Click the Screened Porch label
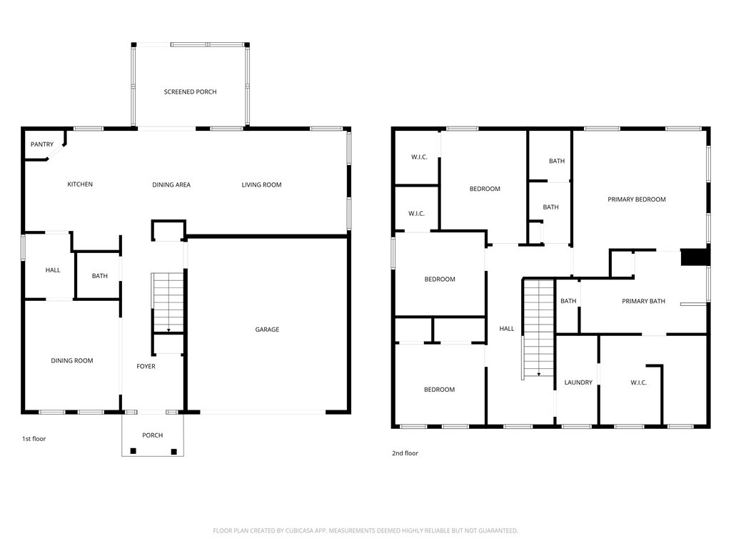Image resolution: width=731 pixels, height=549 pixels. pos(190,92)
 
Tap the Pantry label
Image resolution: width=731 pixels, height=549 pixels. pos(42,144)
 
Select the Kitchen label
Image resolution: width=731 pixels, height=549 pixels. pos(80,184)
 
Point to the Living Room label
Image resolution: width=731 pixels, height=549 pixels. pos(261,185)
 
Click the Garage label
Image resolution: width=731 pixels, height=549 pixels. pos(267,330)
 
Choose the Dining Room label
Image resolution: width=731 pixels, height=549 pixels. pos(72,361)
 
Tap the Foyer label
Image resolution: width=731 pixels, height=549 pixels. pos(146,367)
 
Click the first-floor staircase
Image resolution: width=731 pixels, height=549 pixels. pos(168,302)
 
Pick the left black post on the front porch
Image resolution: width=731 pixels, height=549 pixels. pos(133,451)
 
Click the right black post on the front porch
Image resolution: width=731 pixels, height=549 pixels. pos(174,452)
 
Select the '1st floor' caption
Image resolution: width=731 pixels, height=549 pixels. pos(34,439)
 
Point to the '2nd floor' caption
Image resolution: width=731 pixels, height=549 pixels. pos(405,453)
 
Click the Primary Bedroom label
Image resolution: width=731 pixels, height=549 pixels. pos(636,199)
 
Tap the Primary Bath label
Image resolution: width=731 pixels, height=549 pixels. pos(643,301)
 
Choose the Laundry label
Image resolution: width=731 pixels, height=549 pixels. pos(578,382)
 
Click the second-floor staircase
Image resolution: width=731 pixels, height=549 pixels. pos(538,328)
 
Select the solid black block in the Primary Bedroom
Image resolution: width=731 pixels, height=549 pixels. pos(695,257)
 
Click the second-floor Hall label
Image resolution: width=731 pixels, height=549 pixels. pos(507,329)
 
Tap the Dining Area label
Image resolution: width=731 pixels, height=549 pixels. pos(171,185)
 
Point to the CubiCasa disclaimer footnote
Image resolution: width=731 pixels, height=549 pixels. pos(365,530)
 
